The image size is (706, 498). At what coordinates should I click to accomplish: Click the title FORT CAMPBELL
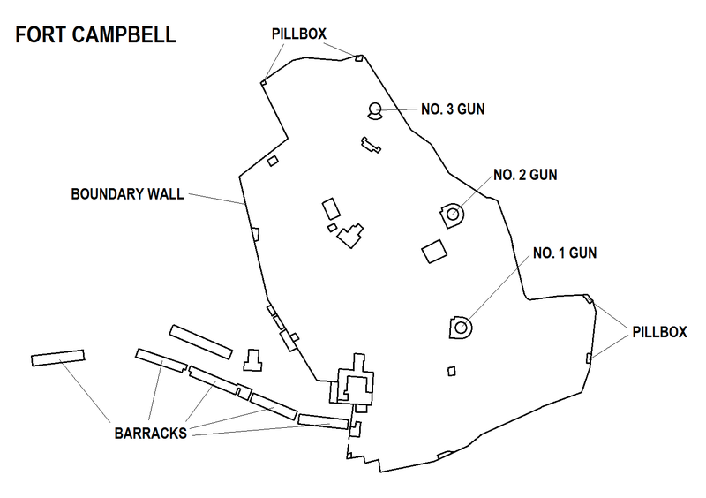(94, 36)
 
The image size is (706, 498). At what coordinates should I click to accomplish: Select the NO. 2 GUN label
(525, 174)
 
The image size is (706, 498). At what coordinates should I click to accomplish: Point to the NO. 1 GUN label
(564, 253)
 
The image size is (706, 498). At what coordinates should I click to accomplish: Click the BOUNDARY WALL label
(127, 194)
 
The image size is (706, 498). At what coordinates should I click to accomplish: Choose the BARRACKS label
(149, 434)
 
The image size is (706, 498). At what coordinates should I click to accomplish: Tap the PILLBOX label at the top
(299, 34)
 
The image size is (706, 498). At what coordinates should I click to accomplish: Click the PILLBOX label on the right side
(659, 332)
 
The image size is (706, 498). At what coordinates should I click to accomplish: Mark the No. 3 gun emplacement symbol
(375, 110)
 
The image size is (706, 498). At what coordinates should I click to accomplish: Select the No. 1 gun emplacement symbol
(461, 326)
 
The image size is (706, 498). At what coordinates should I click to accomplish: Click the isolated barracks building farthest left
(57, 358)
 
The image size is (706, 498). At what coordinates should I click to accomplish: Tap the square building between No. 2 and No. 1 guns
(433, 252)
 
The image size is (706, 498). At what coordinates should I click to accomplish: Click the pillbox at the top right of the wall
(359, 59)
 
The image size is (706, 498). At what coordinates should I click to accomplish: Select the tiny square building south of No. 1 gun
(451, 372)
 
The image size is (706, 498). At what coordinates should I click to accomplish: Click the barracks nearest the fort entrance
(323, 419)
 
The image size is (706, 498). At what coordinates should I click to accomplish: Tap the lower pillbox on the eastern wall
(589, 358)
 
